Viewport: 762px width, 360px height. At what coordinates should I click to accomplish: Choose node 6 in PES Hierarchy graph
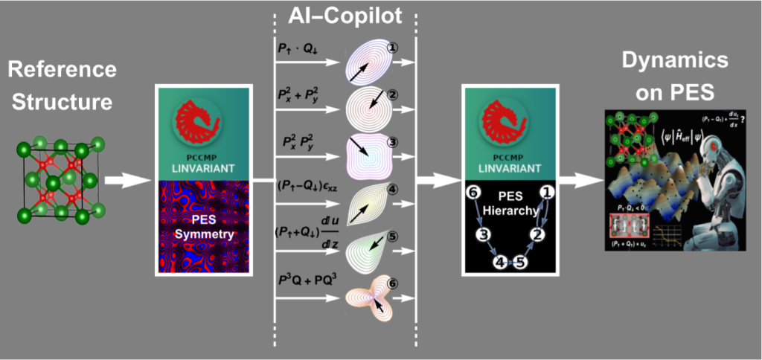click(470, 193)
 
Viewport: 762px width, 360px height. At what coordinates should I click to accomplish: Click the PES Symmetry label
click(199, 228)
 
